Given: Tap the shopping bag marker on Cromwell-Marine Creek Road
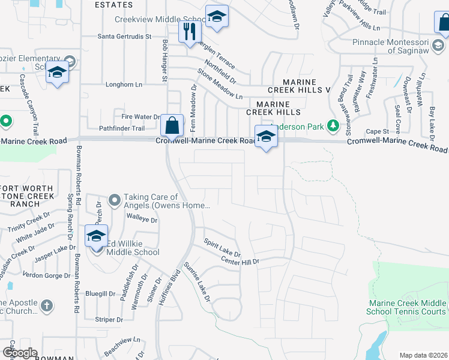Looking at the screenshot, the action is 172,127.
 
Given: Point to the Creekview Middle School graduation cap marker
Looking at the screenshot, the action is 217,17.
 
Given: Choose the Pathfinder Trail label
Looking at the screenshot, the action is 122,128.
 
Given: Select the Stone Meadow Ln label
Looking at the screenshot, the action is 220,84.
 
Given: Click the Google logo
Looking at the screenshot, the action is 19,353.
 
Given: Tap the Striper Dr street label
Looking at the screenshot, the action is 109,320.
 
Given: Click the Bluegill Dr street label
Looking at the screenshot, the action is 100,293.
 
